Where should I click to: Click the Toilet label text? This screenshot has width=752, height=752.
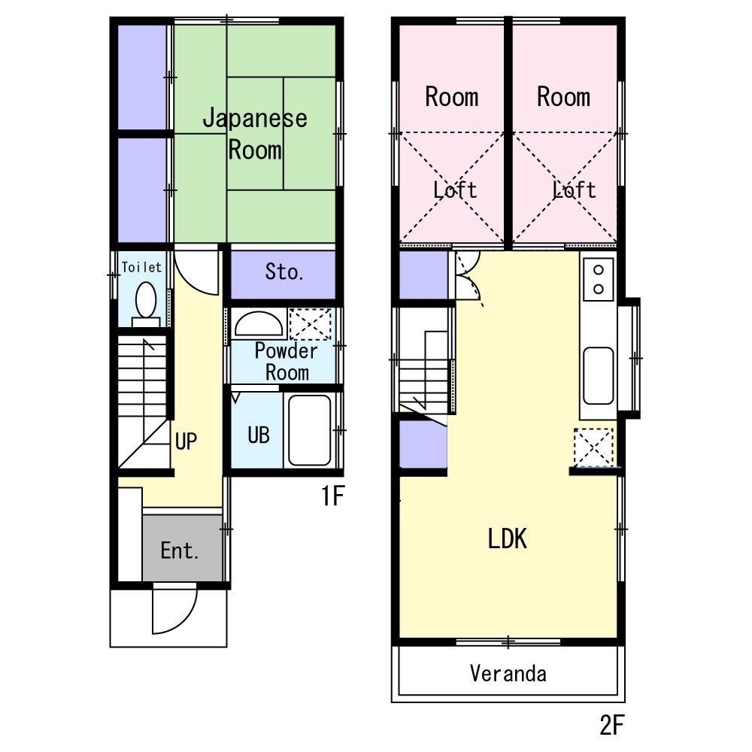141,267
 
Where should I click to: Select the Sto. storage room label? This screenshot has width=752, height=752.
284,272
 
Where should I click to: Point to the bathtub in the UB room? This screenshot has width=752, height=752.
309,430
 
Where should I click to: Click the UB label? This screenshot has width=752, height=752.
258,435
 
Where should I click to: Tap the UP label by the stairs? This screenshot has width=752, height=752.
186,441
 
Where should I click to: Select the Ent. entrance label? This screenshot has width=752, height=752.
180,551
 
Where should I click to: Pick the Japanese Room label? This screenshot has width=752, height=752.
255,134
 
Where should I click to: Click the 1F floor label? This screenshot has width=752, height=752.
333,497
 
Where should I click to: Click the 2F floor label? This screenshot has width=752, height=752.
612,725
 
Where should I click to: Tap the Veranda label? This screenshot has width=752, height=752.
508,673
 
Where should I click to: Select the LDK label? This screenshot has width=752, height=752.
508,538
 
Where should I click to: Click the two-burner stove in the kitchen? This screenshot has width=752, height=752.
599,279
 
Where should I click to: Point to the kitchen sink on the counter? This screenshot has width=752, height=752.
599,375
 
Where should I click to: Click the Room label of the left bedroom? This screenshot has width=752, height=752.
451,97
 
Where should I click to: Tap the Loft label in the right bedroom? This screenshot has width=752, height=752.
575,190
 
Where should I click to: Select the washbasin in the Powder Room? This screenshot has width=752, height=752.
258,324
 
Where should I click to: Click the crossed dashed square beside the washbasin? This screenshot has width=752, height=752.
310,324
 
